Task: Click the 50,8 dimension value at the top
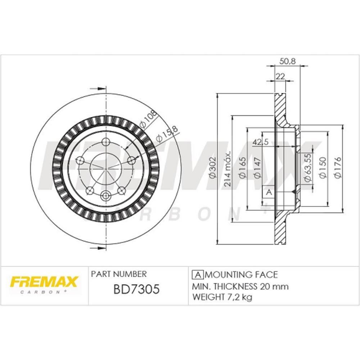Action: pos(287,61)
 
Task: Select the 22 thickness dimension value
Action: pos(280,76)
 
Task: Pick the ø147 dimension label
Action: pos(257,168)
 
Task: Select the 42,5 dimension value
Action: pos(260,142)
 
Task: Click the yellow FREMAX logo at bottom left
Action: pos(44,282)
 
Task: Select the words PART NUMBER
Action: pos(119,274)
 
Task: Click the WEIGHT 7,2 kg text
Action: pos(222,297)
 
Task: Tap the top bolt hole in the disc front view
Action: pos(106,141)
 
